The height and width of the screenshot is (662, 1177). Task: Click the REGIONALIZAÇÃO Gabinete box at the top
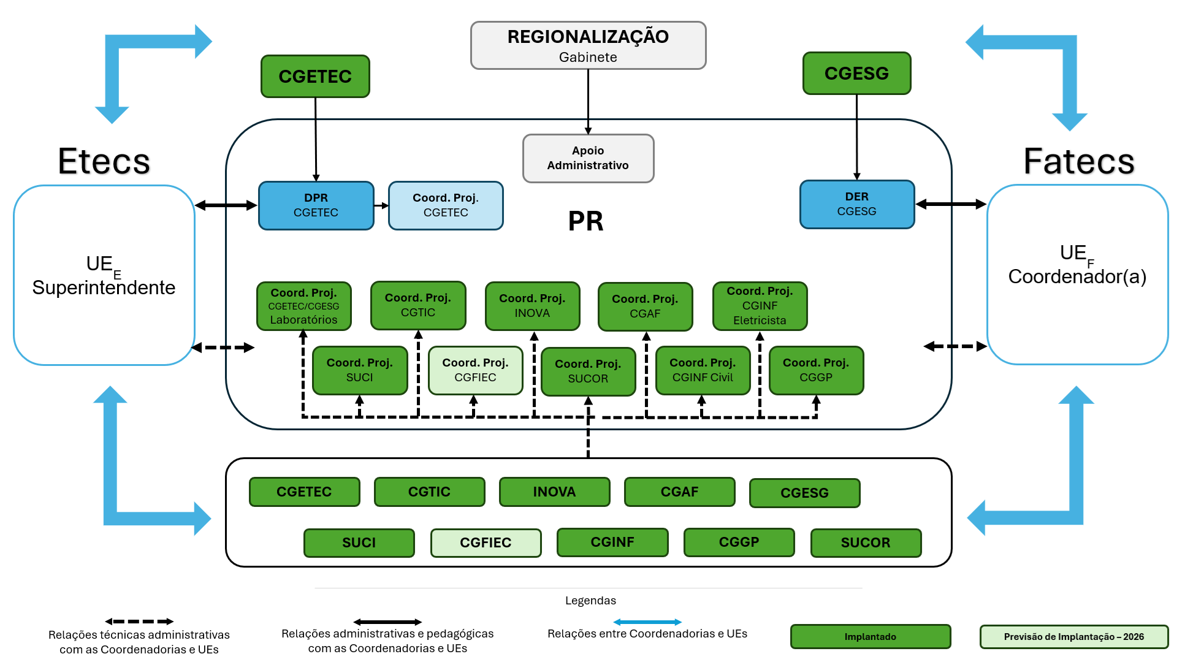588,45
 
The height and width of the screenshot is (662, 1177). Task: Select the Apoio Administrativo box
588,158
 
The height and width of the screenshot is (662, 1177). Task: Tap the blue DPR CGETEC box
316,205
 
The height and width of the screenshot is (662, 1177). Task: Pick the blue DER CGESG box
856,204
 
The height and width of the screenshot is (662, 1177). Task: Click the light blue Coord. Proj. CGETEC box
446,205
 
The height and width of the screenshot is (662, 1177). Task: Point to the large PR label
585,221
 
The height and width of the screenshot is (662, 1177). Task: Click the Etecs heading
104,161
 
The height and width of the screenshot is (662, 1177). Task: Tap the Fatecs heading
1078,161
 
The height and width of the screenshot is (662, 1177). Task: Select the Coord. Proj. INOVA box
532,306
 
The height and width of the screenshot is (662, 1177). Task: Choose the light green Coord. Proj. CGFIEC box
475,370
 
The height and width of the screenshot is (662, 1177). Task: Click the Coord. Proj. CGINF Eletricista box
760,306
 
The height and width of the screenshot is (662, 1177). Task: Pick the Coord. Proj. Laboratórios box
303,306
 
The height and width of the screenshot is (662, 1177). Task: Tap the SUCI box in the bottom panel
359,542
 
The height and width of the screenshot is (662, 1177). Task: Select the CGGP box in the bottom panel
739,542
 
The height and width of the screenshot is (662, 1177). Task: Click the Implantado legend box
870,636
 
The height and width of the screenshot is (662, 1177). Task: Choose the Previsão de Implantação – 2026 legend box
1073,636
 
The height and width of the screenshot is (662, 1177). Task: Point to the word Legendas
590,601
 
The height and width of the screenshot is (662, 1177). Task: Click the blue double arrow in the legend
647,622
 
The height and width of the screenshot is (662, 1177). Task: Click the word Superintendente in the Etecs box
104,287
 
